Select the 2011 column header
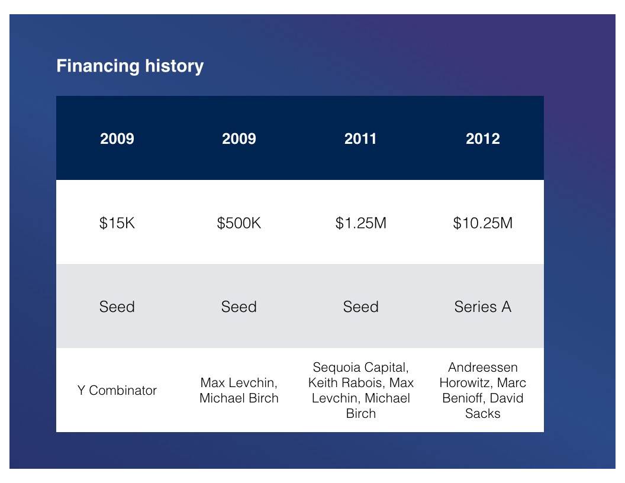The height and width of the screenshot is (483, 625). [x=360, y=139]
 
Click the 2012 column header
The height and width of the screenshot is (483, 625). [x=483, y=139]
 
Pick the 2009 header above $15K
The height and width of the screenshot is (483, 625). [x=117, y=139]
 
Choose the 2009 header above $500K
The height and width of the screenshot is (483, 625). [x=239, y=139]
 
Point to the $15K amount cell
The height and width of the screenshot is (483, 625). [x=117, y=223]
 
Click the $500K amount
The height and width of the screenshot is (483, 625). [x=239, y=223]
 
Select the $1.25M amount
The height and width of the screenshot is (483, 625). [x=360, y=223]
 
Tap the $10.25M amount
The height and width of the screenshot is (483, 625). [x=483, y=223]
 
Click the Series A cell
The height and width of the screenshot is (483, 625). [x=483, y=307]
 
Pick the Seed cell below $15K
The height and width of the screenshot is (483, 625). [x=117, y=307]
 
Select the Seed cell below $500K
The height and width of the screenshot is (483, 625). [x=239, y=307]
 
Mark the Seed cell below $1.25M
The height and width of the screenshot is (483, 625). [x=360, y=307]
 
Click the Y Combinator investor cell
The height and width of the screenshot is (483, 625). [x=117, y=391]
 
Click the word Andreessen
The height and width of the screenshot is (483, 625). [x=483, y=368]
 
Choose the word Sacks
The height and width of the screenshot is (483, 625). [x=483, y=414]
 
